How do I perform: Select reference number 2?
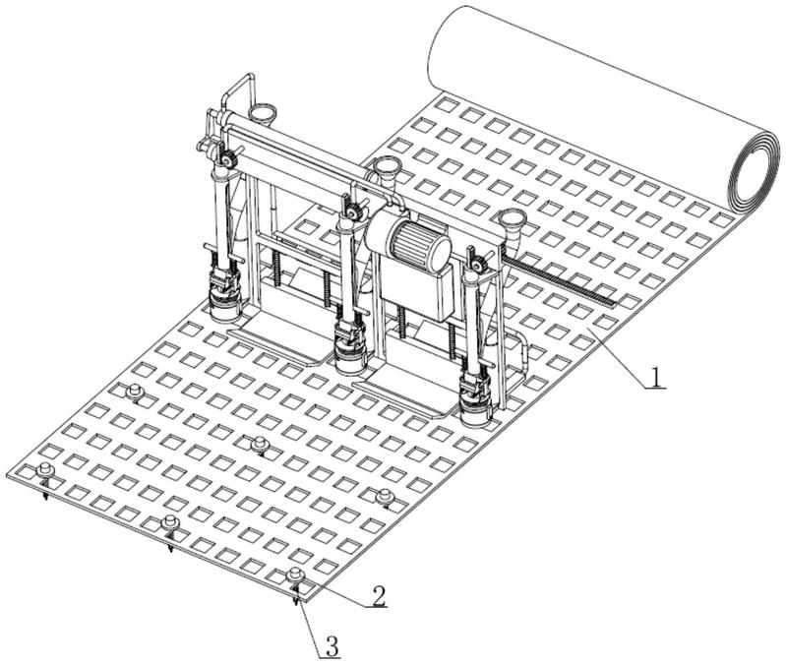377,595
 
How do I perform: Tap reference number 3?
333,646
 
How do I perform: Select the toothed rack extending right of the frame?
561,279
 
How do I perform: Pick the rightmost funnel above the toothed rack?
511,222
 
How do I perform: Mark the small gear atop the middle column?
352,209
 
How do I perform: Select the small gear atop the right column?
479,264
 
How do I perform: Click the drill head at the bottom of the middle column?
347,345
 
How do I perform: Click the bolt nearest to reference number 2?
293,575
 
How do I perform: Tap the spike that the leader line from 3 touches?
296,597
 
